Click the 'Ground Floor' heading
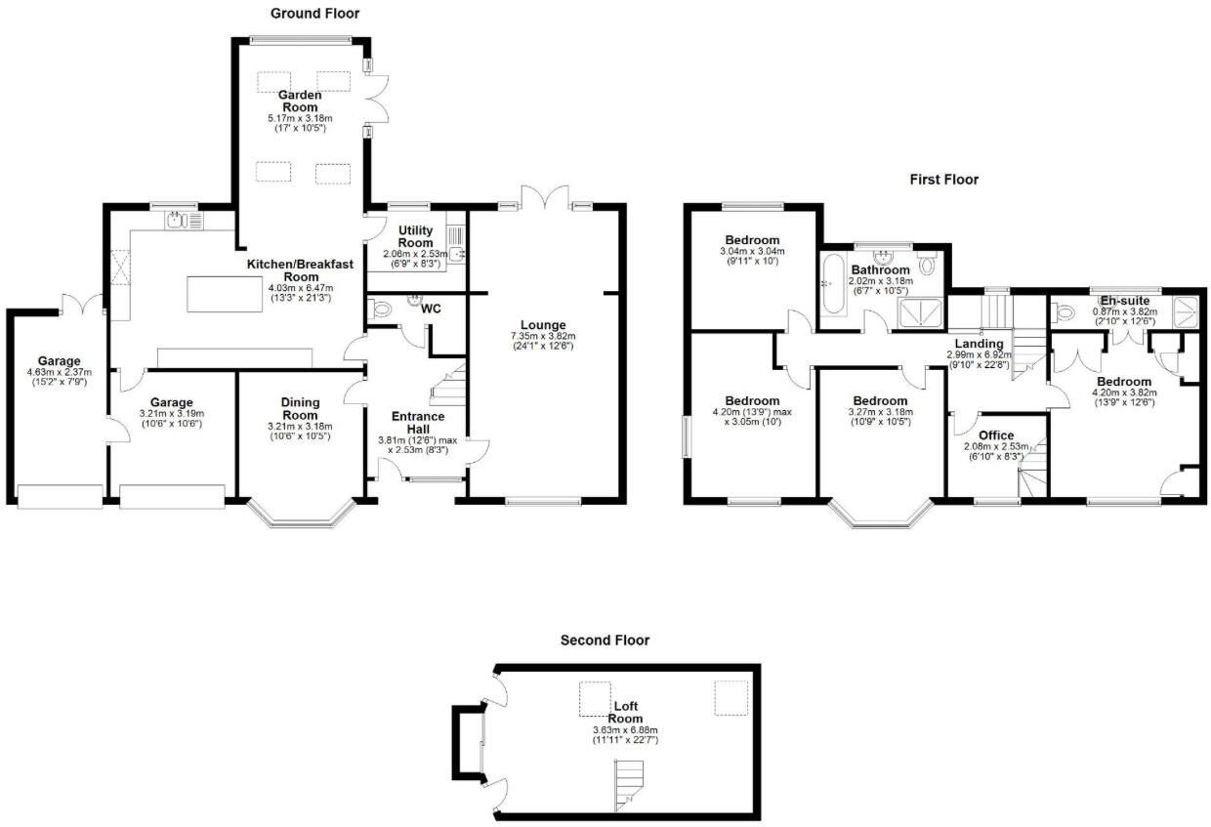click(x=314, y=14)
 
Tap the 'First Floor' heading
click(x=943, y=180)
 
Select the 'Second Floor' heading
click(x=605, y=641)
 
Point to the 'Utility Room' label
click(x=415, y=236)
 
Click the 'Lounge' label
click(x=543, y=325)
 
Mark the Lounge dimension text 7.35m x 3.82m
click(x=543, y=337)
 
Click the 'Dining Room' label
click(x=300, y=408)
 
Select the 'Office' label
click(x=996, y=435)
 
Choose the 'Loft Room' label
click(x=625, y=711)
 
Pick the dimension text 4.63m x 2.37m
click(x=59, y=371)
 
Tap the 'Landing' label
click(x=979, y=344)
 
